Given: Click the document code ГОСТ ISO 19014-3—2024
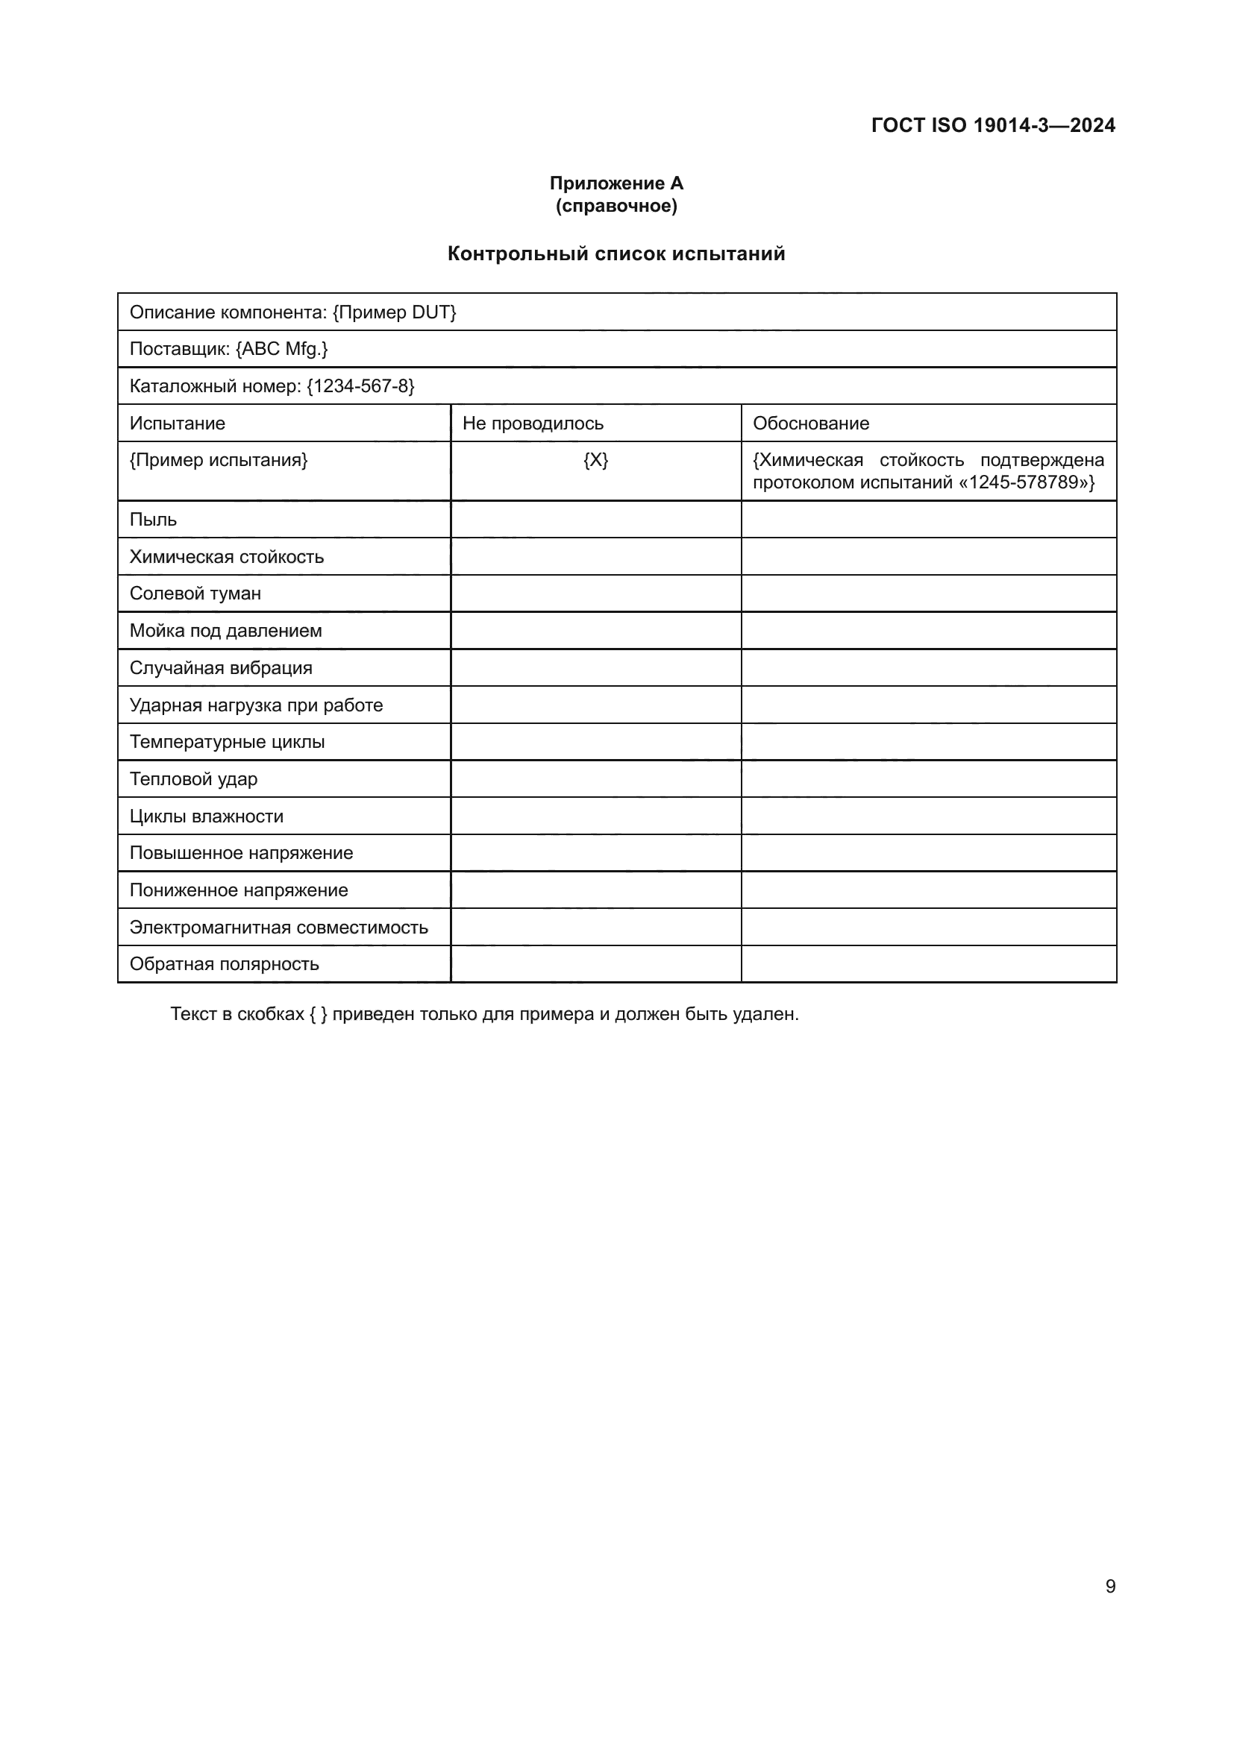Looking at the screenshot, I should pyautogui.click(x=992, y=125).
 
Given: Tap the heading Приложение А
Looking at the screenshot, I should pyautogui.click(x=616, y=183).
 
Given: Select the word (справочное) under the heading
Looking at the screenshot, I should pyautogui.click(x=616, y=206).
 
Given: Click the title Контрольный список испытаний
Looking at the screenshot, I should pyautogui.click(x=616, y=254).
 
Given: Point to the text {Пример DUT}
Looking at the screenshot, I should pyautogui.click(x=395, y=312).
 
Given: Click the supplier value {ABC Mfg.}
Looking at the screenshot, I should pyautogui.click(x=282, y=350).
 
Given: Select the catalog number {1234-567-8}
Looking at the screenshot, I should pyautogui.click(x=361, y=387).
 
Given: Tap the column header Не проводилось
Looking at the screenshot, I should pyautogui.click(x=533, y=424).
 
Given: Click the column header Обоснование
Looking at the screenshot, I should pyautogui.click(x=811, y=424).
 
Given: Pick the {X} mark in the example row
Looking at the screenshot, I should pyautogui.click(x=595, y=460).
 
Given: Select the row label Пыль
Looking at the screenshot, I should pyautogui.click(x=154, y=520).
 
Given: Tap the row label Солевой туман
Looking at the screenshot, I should pyautogui.click(x=195, y=594).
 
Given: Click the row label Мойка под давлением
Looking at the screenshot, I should pyautogui.click(x=225, y=632).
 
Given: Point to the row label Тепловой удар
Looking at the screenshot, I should pyautogui.click(x=194, y=779).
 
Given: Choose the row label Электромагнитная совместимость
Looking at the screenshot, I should pyautogui.click(x=279, y=928).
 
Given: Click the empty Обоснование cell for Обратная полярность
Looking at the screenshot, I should pyautogui.click(x=929, y=964).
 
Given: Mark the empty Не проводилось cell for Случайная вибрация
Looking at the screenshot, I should pyautogui.click(x=595, y=667).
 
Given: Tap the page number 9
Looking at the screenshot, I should pyautogui.click(x=1110, y=1587).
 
